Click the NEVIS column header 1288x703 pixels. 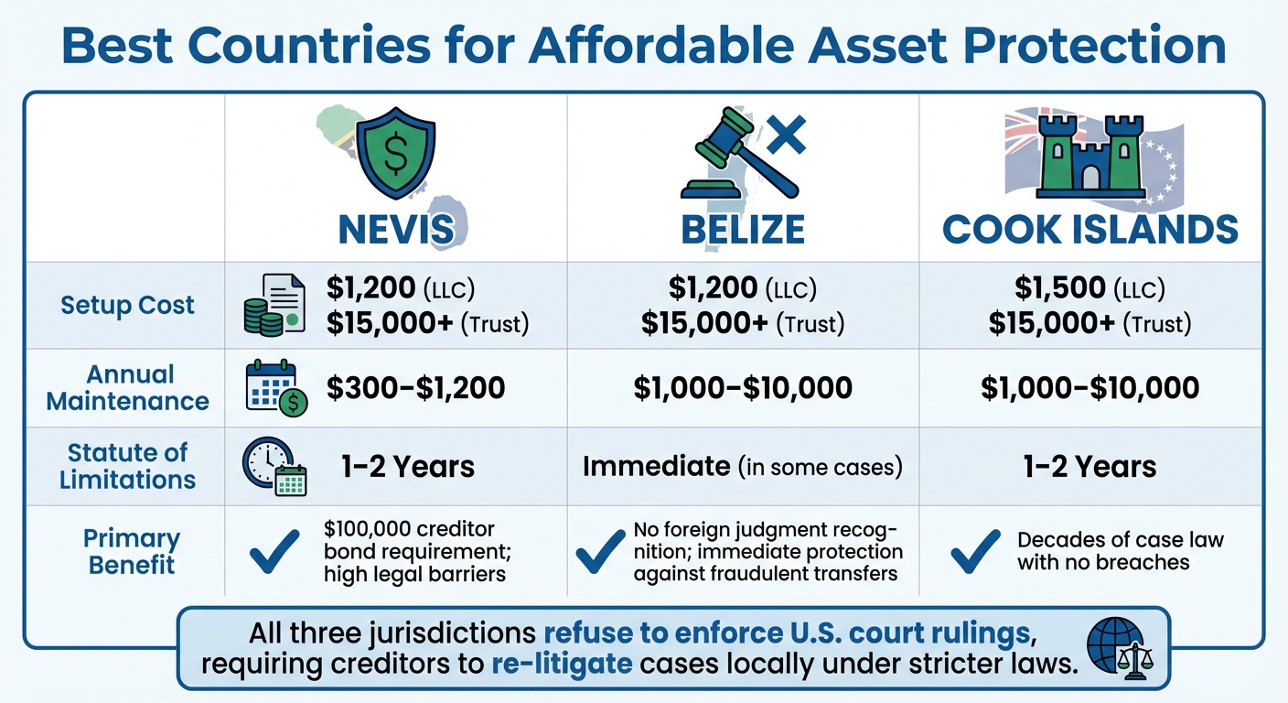[x=395, y=228]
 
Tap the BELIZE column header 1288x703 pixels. [x=743, y=228]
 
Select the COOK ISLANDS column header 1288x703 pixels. [x=1090, y=228]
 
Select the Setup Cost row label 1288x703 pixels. [x=127, y=305]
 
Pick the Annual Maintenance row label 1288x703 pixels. [x=127, y=388]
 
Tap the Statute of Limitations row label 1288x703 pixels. [x=127, y=466]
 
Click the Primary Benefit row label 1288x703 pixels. [x=131, y=551]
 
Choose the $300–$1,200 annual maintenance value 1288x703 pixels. [x=415, y=388]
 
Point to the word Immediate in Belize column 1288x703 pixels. [x=656, y=466]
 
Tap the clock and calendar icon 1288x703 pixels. [x=274, y=467]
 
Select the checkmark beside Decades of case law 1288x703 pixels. [x=975, y=551]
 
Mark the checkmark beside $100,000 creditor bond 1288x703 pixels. [x=274, y=551]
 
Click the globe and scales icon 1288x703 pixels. [x=1115, y=646]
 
